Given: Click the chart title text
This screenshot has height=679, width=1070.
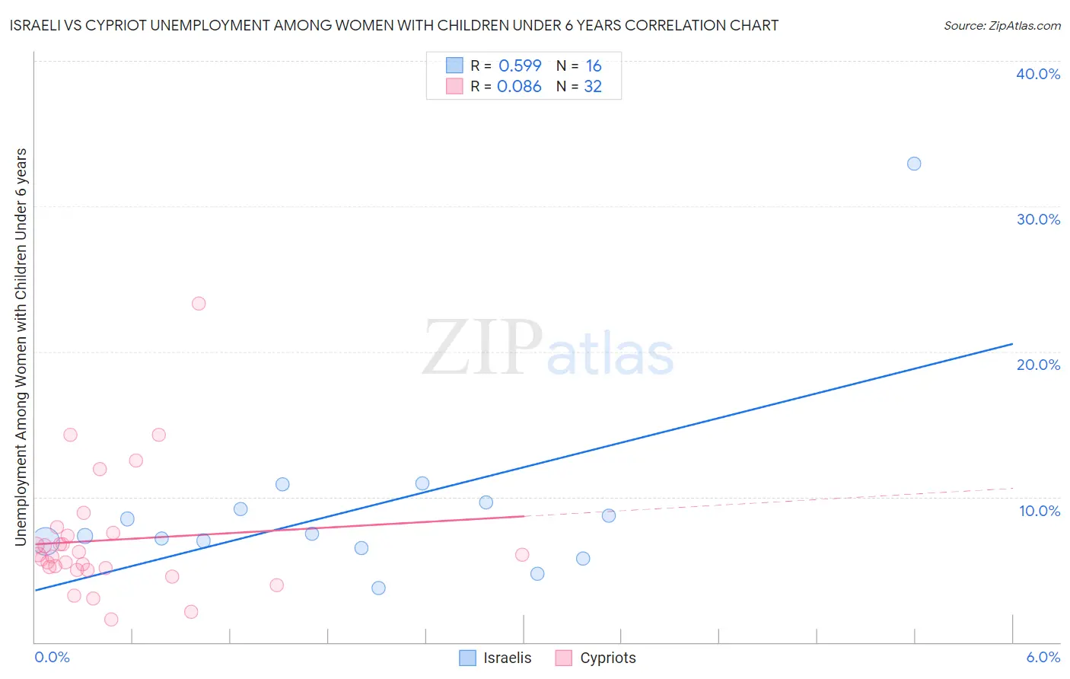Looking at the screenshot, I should pyautogui.click(x=393, y=25).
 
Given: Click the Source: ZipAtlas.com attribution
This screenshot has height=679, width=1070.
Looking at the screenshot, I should pyautogui.click(x=1002, y=25).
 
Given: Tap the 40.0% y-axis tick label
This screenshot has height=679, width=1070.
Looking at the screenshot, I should pyautogui.click(x=1038, y=74).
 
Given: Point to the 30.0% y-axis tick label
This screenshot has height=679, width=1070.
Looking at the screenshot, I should pyautogui.click(x=1038, y=219).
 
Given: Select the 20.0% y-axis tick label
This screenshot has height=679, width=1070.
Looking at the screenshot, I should pyautogui.click(x=1038, y=365).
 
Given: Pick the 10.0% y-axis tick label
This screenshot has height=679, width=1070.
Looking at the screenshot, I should pyautogui.click(x=1040, y=511).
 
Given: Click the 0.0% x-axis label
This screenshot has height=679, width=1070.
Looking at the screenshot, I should pyautogui.click(x=53, y=657).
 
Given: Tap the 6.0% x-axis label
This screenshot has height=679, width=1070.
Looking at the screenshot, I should pyautogui.click(x=1043, y=657).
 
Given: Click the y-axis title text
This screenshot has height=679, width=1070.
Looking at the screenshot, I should pyautogui.click(x=21, y=347).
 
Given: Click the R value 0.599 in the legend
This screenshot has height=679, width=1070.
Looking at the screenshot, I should pyautogui.click(x=520, y=66).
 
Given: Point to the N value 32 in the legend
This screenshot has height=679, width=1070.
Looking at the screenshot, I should pyautogui.click(x=593, y=87).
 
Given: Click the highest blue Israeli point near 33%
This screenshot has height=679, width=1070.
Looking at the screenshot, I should pyautogui.click(x=914, y=164).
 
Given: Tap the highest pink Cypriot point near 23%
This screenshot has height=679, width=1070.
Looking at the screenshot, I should pyautogui.click(x=199, y=304).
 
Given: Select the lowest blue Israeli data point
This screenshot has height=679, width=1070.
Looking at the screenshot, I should pyautogui.click(x=378, y=588).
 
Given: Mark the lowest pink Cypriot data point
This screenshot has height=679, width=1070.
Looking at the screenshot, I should pyautogui.click(x=111, y=620).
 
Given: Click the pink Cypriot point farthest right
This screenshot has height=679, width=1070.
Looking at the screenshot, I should pyautogui.click(x=522, y=555).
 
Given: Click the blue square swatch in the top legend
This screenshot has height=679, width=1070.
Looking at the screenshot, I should pyautogui.click(x=454, y=65).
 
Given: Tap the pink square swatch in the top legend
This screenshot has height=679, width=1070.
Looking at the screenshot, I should pyautogui.click(x=454, y=86).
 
